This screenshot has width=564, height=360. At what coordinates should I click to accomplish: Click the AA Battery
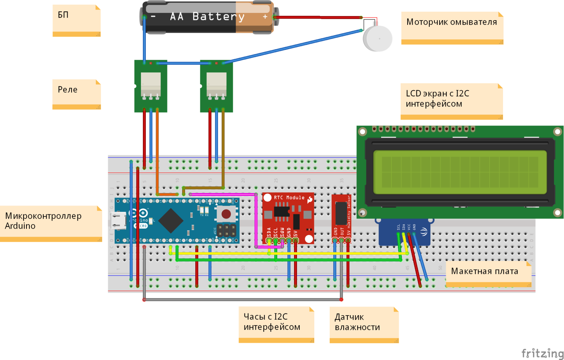[x=207, y=17]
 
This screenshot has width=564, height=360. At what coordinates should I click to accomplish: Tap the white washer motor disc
[x=377, y=38]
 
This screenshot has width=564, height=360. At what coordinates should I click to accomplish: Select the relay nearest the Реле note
[x=151, y=86]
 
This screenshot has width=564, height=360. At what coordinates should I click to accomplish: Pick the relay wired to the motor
[x=216, y=86]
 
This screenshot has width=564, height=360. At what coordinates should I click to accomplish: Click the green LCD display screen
[x=460, y=172]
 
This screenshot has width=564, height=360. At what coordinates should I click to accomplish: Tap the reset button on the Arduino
[x=226, y=214]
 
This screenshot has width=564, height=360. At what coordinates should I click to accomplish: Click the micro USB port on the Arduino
[x=118, y=220]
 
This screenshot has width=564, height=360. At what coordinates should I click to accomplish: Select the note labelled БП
[x=76, y=20]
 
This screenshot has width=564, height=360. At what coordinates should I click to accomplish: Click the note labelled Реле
[x=76, y=94]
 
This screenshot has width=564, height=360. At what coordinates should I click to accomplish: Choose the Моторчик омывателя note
[x=452, y=28]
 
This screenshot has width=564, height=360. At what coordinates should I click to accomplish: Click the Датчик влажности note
[x=364, y=324]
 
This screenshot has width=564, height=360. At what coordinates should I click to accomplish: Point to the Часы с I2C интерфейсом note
[x=276, y=324]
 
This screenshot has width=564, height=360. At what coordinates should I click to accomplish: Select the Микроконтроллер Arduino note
[x=51, y=223]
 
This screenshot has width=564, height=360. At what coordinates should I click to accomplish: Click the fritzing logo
[x=542, y=353]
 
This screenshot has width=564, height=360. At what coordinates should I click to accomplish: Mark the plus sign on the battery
[x=265, y=17]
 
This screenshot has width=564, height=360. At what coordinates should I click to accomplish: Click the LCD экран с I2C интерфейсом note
[x=451, y=101]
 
